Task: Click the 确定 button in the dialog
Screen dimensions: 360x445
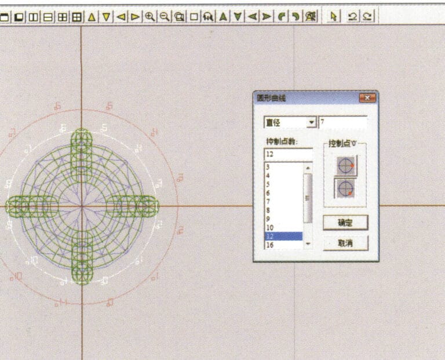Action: pos(345,223)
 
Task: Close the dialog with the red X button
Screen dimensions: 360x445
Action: pos(367,99)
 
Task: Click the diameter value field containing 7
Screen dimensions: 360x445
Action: pos(342,122)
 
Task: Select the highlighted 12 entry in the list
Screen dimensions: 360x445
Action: pos(283,237)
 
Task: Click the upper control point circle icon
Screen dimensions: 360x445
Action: pos(346,166)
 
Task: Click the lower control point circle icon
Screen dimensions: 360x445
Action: pos(346,188)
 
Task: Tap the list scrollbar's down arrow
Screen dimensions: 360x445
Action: pos(308,244)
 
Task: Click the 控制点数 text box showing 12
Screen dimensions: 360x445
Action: pos(288,154)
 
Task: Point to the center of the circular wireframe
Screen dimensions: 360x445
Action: pos(82,206)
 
